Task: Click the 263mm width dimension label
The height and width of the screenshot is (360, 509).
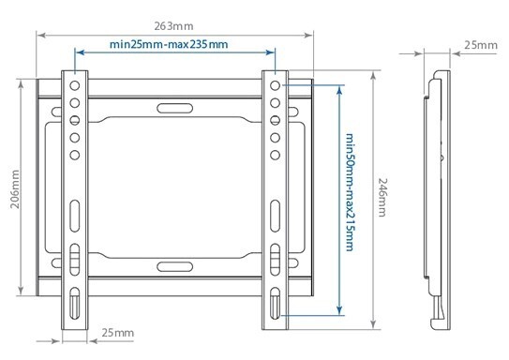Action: (173, 26)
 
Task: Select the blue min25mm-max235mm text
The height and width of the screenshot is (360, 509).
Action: (169, 44)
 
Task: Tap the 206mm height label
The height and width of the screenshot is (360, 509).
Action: (15, 189)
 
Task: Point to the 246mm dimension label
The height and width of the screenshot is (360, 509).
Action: (382, 197)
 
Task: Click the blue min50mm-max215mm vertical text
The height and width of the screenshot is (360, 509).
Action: (350, 192)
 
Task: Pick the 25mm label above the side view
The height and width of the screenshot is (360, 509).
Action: (481, 45)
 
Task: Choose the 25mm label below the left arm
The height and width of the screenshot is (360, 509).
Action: (118, 333)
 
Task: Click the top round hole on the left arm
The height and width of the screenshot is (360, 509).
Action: (75, 85)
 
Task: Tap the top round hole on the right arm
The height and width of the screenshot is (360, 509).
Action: (275, 85)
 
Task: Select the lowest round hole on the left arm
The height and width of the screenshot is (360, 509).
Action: (75, 155)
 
